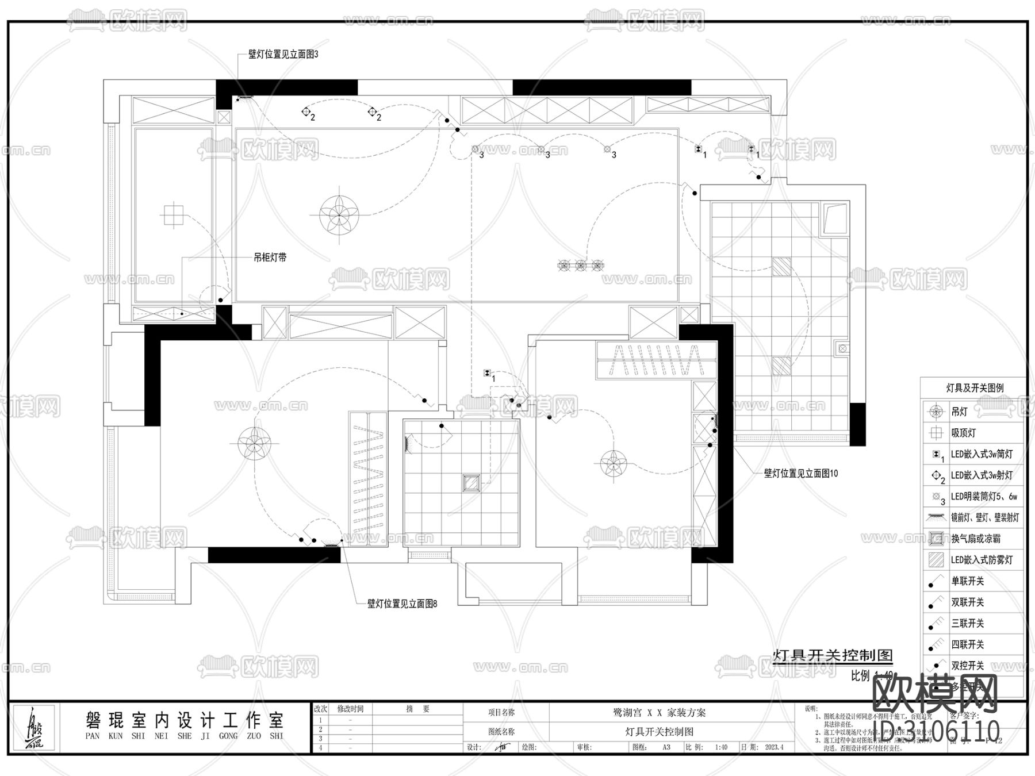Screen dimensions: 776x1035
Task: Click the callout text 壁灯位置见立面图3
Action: (283, 55)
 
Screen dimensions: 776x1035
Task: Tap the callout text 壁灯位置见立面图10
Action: (801, 474)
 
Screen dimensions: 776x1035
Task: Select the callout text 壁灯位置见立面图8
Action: (402, 604)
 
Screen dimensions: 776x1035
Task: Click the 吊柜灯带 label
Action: (270, 258)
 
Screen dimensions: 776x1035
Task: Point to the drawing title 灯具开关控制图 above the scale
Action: (833, 655)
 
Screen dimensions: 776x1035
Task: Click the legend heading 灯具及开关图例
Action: (975, 388)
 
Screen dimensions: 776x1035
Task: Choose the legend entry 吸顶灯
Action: (963, 433)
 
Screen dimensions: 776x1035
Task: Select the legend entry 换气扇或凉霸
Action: (975, 539)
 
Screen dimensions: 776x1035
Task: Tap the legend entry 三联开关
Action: (968, 623)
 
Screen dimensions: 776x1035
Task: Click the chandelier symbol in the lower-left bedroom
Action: (255, 443)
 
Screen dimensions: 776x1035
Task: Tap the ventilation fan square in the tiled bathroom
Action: (471, 483)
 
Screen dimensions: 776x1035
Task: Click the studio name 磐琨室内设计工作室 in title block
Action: (184, 721)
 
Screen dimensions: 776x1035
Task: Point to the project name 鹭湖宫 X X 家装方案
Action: (659, 713)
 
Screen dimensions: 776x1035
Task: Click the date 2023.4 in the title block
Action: (774, 747)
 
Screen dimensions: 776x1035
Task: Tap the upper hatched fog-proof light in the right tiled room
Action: (781, 267)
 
